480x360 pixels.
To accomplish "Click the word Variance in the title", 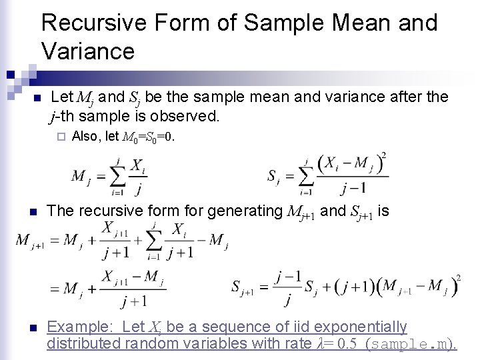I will pos(87,51).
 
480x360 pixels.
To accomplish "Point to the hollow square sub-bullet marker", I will pos(60,137).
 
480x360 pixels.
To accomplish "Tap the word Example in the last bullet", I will pos(74,327).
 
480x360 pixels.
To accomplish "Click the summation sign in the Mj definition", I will pos(117,177).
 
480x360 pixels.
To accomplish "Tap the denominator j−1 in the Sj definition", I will pos(352,188).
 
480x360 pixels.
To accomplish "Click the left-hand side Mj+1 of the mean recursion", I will pos(30,241).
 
